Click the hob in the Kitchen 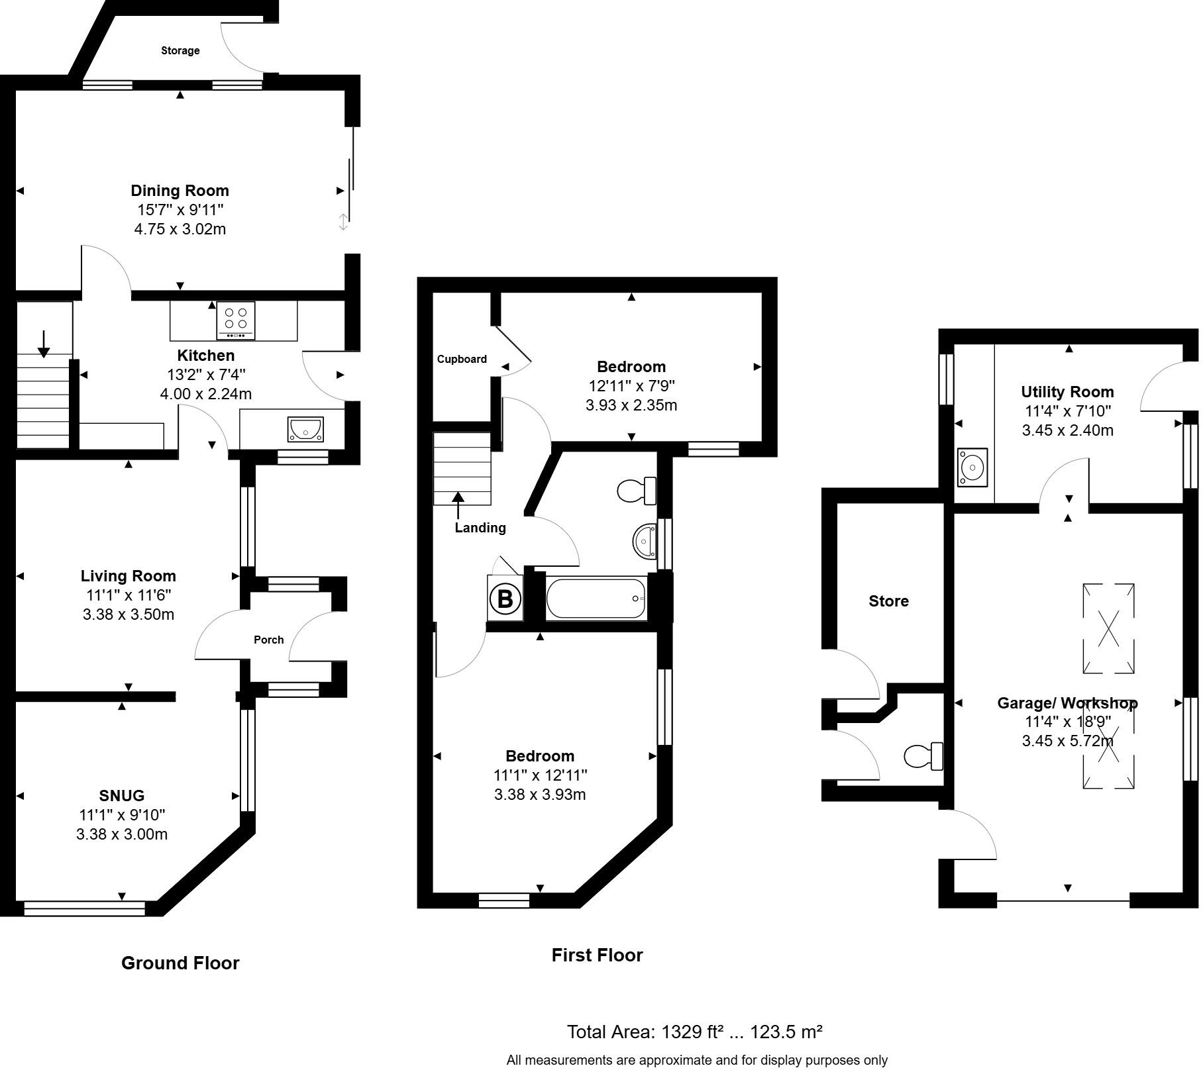[236, 320]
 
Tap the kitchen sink [305, 429]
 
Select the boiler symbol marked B [505, 599]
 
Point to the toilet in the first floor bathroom [635, 491]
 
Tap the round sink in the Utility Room [972, 467]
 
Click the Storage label [180, 50]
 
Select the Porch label [268, 640]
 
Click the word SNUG [121, 796]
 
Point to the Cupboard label [462, 359]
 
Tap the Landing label [480, 528]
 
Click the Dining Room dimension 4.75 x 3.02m [180, 229]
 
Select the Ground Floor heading [180, 963]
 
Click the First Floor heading [597, 955]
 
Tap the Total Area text [694, 1032]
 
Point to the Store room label [888, 601]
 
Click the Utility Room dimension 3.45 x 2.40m [1067, 430]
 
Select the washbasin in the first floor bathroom [643, 540]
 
